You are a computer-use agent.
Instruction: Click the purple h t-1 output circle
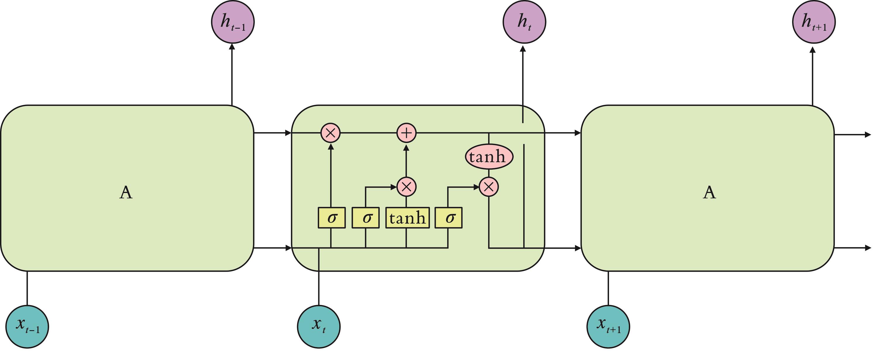click(x=233, y=22)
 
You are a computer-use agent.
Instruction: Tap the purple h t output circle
click(x=524, y=22)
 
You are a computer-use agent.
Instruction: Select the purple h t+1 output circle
click(x=814, y=22)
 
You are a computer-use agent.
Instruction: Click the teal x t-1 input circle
click(x=27, y=326)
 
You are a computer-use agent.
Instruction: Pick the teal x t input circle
click(x=319, y=326)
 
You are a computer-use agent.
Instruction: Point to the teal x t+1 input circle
click(x=608, y=326)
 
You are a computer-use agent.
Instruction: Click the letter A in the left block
click(x=126, y=192)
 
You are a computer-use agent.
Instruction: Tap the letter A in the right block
click(x=709, y=192)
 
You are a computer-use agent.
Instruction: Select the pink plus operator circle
click(x=406, y=133)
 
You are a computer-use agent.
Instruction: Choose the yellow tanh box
click(x=407, y=218)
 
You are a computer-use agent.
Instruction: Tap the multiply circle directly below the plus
click(x=406, y=187)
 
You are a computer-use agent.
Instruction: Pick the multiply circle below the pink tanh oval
click(x=489, y=187)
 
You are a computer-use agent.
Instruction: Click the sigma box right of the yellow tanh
click(x=449, y=218)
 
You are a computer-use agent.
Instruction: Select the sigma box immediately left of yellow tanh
click(x=365, y=218)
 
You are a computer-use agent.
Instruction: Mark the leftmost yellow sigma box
click(x=332, y=218)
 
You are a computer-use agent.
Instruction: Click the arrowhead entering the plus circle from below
click(x=406, y=147)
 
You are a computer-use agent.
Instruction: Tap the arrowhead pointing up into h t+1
click(x=813, y=50)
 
